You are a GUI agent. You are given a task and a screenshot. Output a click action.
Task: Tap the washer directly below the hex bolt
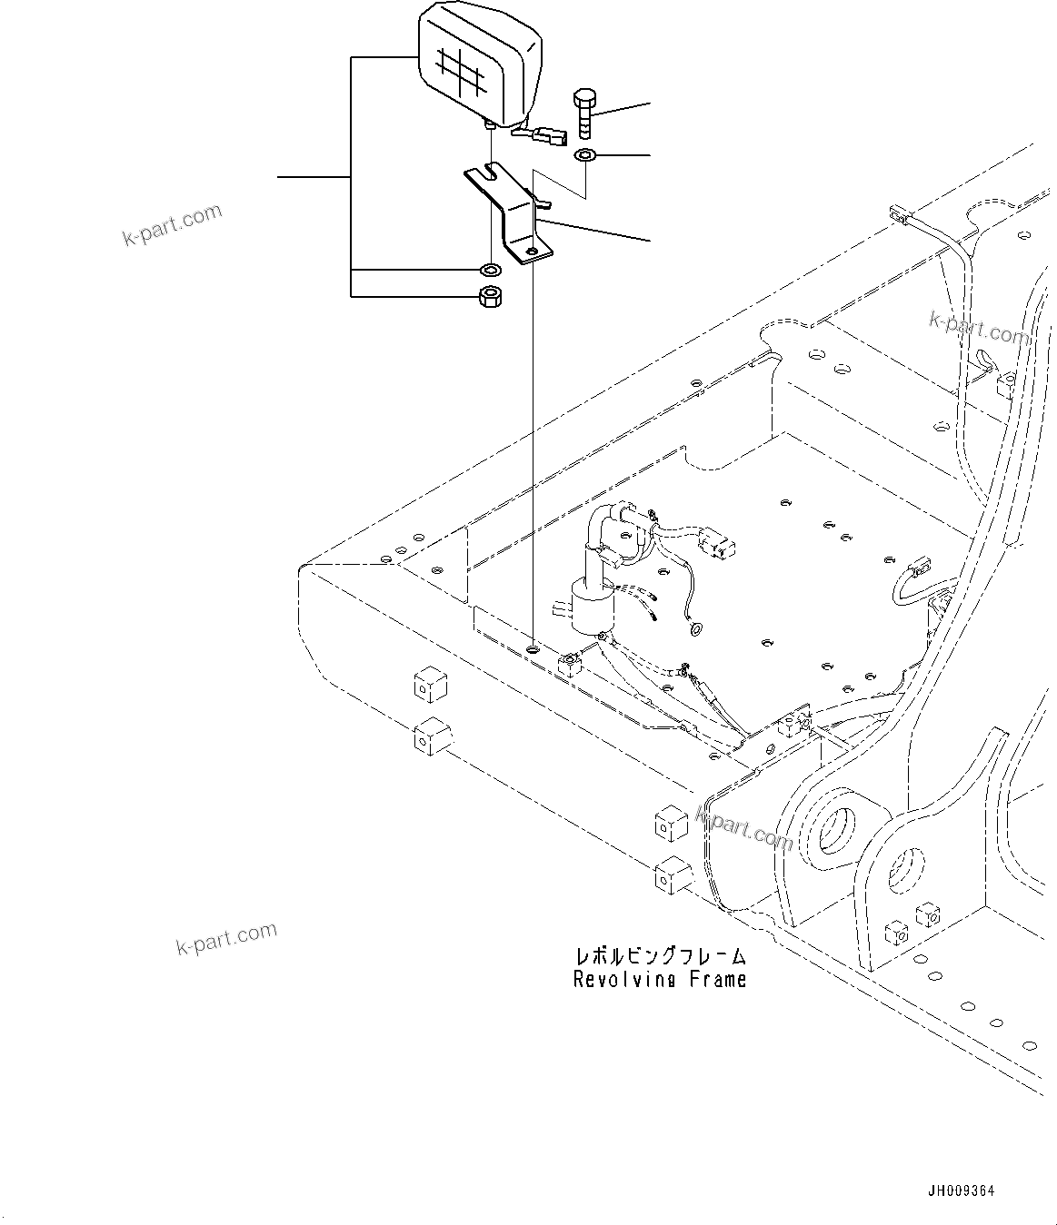coord(583,156)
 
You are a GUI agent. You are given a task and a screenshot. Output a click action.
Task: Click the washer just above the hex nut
coord(491,270)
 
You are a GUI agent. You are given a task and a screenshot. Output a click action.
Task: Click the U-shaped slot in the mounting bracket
coord(492,170)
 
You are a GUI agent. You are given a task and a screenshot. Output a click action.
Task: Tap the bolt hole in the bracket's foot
coord(532,249)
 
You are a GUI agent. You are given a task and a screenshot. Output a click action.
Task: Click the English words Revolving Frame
coord(660,979)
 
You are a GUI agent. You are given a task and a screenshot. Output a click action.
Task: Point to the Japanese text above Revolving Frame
coord(660,956)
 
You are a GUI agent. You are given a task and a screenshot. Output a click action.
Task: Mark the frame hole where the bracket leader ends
coord(531,650)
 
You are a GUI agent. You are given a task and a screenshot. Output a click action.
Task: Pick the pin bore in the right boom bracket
coord(905,869)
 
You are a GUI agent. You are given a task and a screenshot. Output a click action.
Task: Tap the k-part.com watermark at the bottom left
coord(226,940)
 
